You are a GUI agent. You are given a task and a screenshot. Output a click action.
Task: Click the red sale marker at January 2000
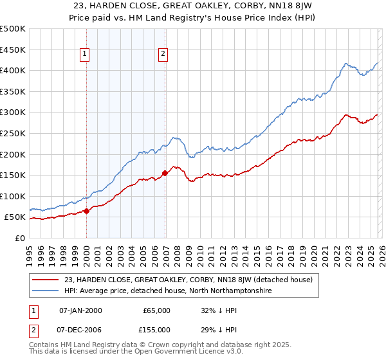point(86,211)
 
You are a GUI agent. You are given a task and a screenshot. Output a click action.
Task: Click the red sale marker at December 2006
point(165,173)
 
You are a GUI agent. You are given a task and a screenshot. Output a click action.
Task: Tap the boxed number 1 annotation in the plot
point(85,55)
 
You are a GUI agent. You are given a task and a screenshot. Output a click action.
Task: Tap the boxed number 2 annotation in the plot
point(163,55)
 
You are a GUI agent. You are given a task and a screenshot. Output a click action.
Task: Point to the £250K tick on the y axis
point(13,133)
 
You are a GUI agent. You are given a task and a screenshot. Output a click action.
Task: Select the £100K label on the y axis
point(13,196)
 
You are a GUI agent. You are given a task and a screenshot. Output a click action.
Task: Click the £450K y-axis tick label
point(13,50)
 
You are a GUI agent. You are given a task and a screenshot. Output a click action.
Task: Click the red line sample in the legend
point(47,280)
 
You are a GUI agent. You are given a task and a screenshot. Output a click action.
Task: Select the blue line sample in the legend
point(47,291)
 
